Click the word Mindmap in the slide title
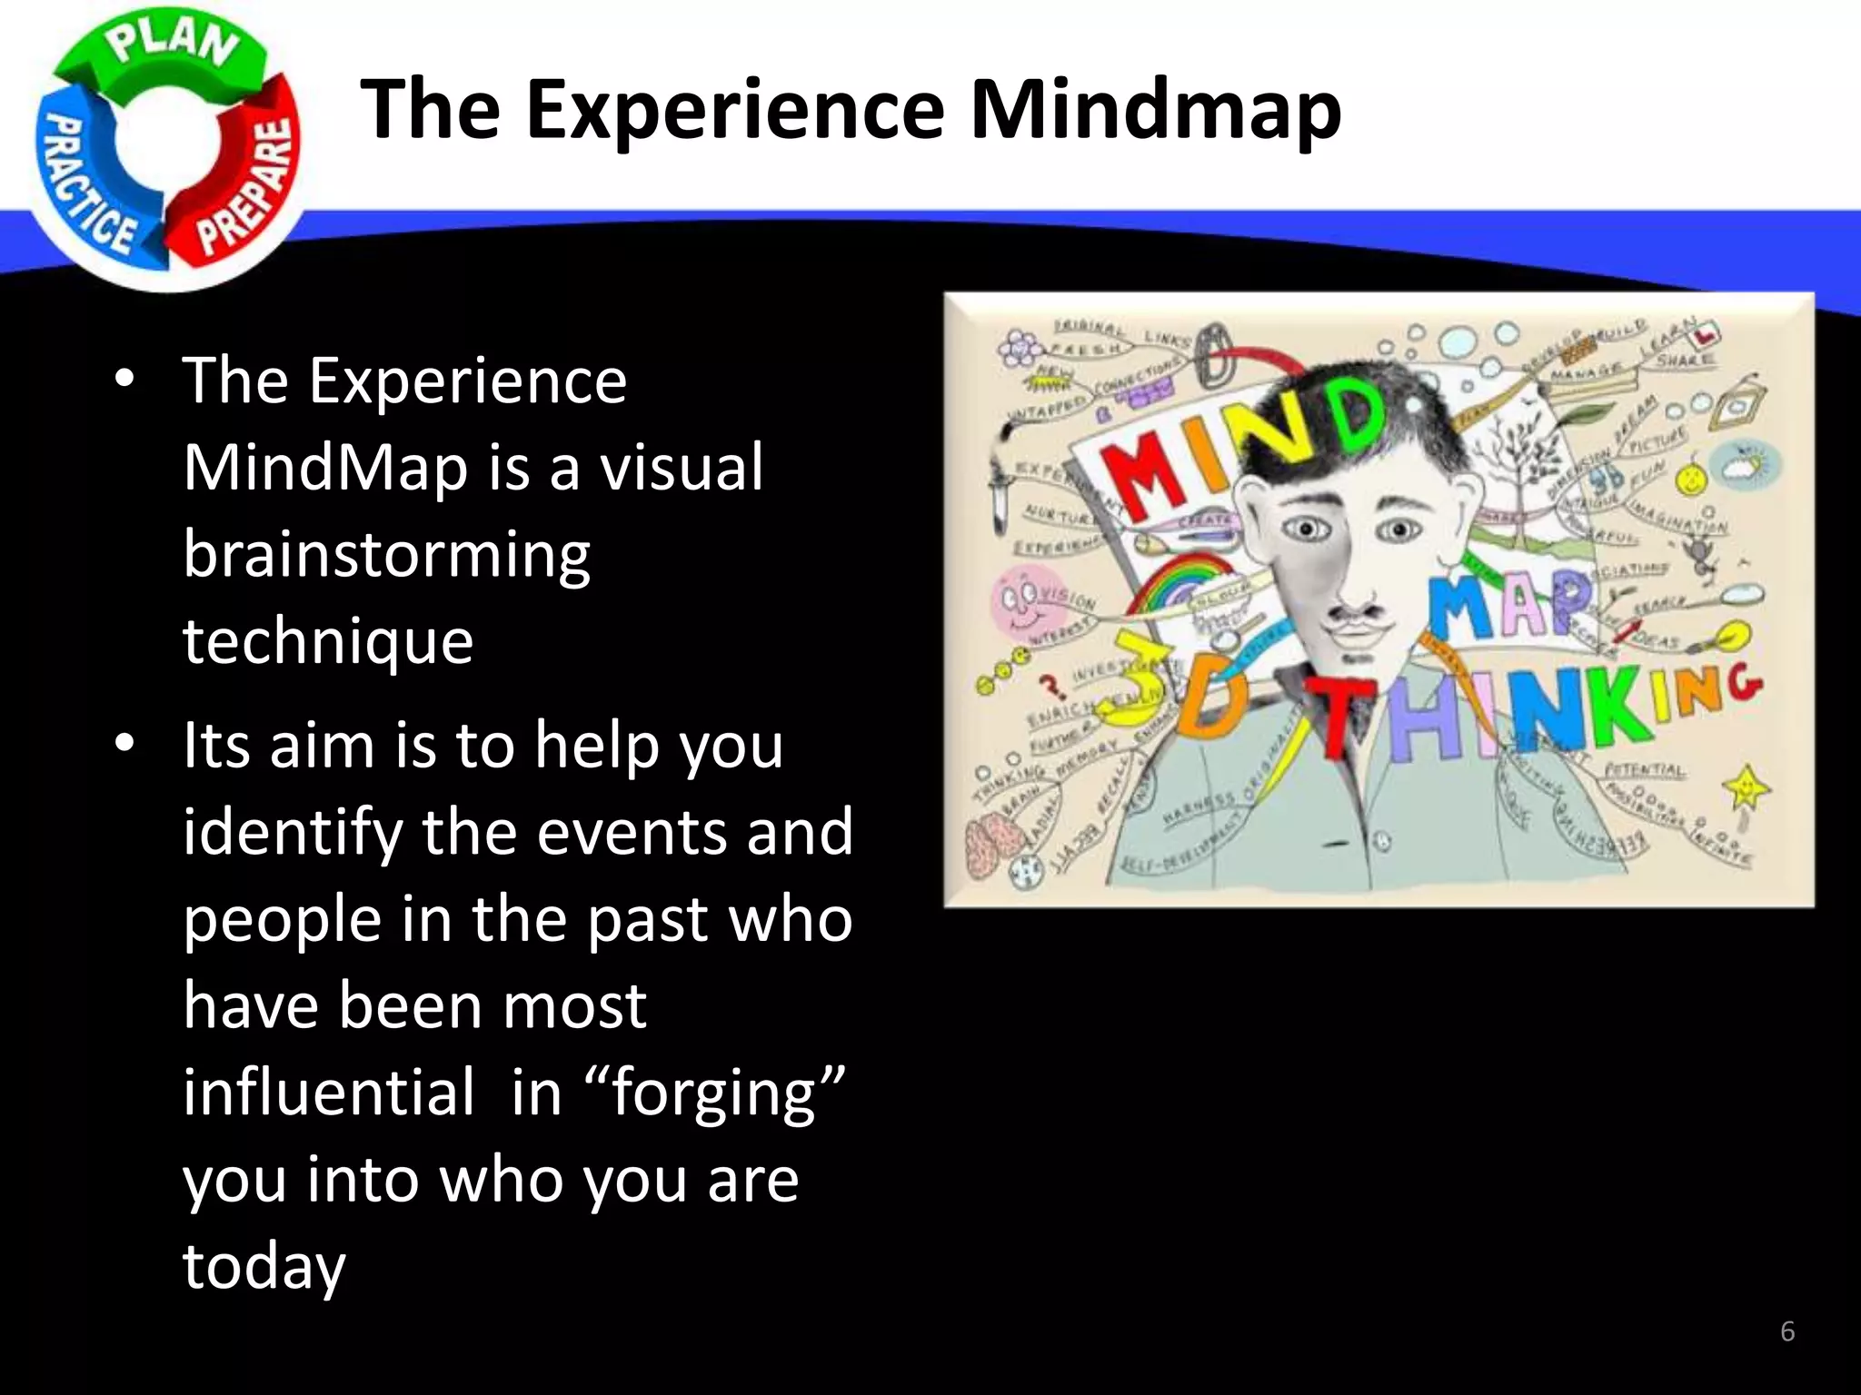click(x=1155, y=109)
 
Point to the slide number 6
click(x=1786, y=1332)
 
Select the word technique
click(x=328, y=641)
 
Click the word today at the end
click(x=264, y=1265)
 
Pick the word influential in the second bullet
click(x=328, y=1093)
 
